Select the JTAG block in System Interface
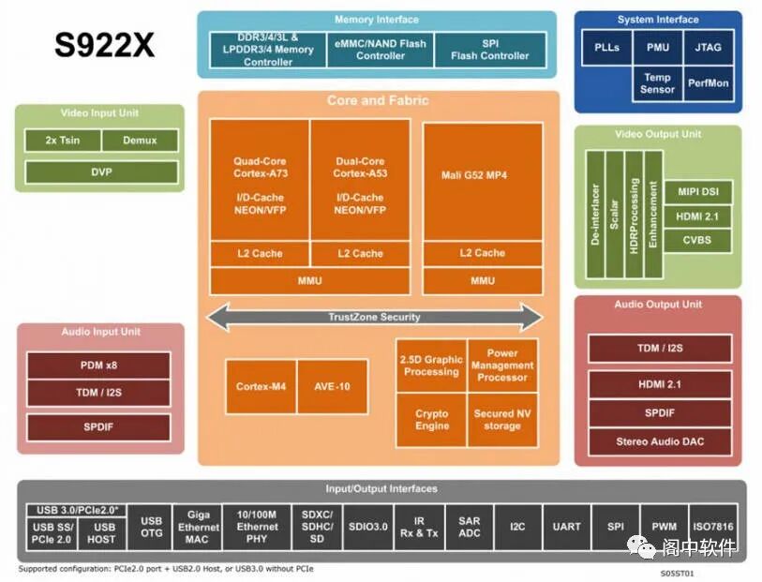(708, 47)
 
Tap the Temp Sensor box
(657, 83)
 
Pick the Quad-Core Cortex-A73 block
(260, 178)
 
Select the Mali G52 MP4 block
(482, 174)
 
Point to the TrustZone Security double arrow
(374, 318)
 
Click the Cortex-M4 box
(260, 386)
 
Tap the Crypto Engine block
(431, 419)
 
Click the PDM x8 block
(98, 366)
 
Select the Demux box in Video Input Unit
(139, 141)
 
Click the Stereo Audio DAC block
(659, 441)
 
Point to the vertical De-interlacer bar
(595, 214)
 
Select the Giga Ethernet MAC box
(198, 527)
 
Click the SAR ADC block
(469, 527)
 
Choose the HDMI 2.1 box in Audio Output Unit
(659, 384)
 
